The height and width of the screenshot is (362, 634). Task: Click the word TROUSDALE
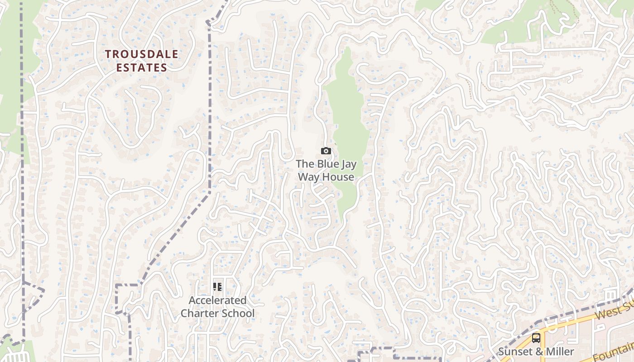click(x=142, y=54)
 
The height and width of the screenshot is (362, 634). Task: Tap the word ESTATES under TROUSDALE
click(x=142, y=68)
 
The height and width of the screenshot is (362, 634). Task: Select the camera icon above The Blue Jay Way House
click(x=326, y=151)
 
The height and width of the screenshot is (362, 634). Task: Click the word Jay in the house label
click(x=347, y=164)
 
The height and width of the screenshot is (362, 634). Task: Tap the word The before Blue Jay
click(x=304, y=164)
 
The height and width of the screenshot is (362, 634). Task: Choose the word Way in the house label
click(x=308, y=177)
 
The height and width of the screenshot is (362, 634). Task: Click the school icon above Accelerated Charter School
click(x=217, y=287)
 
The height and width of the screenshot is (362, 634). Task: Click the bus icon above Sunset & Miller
click(x=536, y=338)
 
